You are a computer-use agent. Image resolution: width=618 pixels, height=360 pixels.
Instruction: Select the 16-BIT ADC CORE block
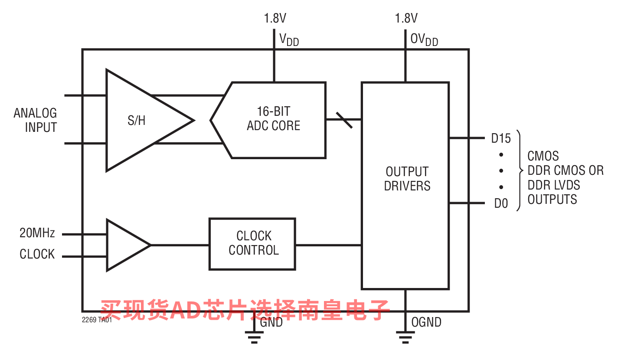tap(273, 119)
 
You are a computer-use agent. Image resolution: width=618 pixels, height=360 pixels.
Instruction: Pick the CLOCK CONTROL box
tap(253, 244)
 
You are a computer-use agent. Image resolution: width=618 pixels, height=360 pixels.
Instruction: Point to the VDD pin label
tap(289, 40)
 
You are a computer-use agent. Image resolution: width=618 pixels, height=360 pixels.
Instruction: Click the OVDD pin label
tap(424, 40)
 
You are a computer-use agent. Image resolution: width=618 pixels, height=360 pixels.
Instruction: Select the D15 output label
tap(501, 139)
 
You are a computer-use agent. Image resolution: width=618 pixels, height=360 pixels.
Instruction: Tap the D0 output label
tap(501, 203)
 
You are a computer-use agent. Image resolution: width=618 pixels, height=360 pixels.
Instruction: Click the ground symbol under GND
tap(254, 336)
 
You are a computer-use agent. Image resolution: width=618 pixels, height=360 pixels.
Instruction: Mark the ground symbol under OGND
tap(405, 336)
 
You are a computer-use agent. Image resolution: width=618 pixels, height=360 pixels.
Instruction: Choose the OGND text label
tap(426, 322)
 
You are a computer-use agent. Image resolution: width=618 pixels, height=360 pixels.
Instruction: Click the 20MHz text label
tap(37, 233)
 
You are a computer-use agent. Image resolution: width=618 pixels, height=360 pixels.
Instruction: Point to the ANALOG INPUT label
tap(36, 120)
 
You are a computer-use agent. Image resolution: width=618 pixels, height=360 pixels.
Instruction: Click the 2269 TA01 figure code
tap(97, 321)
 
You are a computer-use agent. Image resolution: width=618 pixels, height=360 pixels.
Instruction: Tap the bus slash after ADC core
tap(344, 119)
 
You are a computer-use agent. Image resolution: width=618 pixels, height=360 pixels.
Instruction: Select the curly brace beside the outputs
tap(519, 170)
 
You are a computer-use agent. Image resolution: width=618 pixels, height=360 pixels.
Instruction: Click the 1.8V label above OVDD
tap(406, 18)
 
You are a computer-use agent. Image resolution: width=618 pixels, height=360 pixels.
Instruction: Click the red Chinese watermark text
tap(245, 309)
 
